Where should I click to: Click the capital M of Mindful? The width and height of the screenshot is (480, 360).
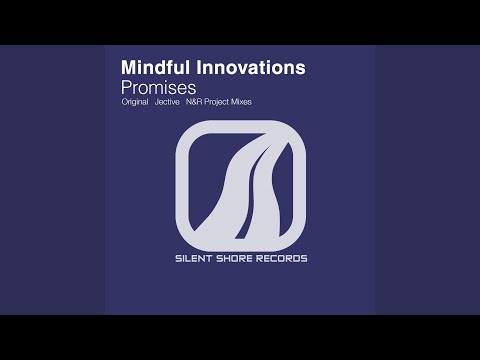[x=128, y=67]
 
